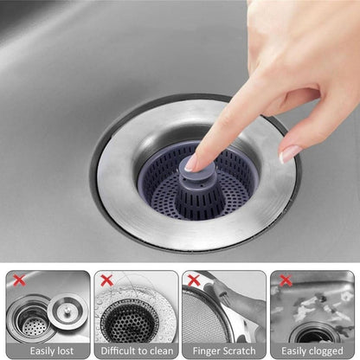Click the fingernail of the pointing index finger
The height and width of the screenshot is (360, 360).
[193, 160]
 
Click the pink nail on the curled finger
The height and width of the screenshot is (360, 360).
[290, 152]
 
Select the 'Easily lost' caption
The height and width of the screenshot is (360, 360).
[47, 350]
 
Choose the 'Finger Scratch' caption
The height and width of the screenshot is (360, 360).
[224, 350]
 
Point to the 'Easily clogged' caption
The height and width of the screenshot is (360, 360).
[312, 350]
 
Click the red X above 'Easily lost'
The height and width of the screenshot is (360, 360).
[17, 280]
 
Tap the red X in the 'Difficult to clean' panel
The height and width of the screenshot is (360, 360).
[106, 280]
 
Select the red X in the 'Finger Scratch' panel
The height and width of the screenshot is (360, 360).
[194, 280]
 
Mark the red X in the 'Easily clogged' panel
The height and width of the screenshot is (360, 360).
[283, 280]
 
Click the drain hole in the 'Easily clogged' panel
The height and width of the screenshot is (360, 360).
[312, 333]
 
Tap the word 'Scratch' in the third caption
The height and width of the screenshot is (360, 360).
[237, 350]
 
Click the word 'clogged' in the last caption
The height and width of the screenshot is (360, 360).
[325, 350]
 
